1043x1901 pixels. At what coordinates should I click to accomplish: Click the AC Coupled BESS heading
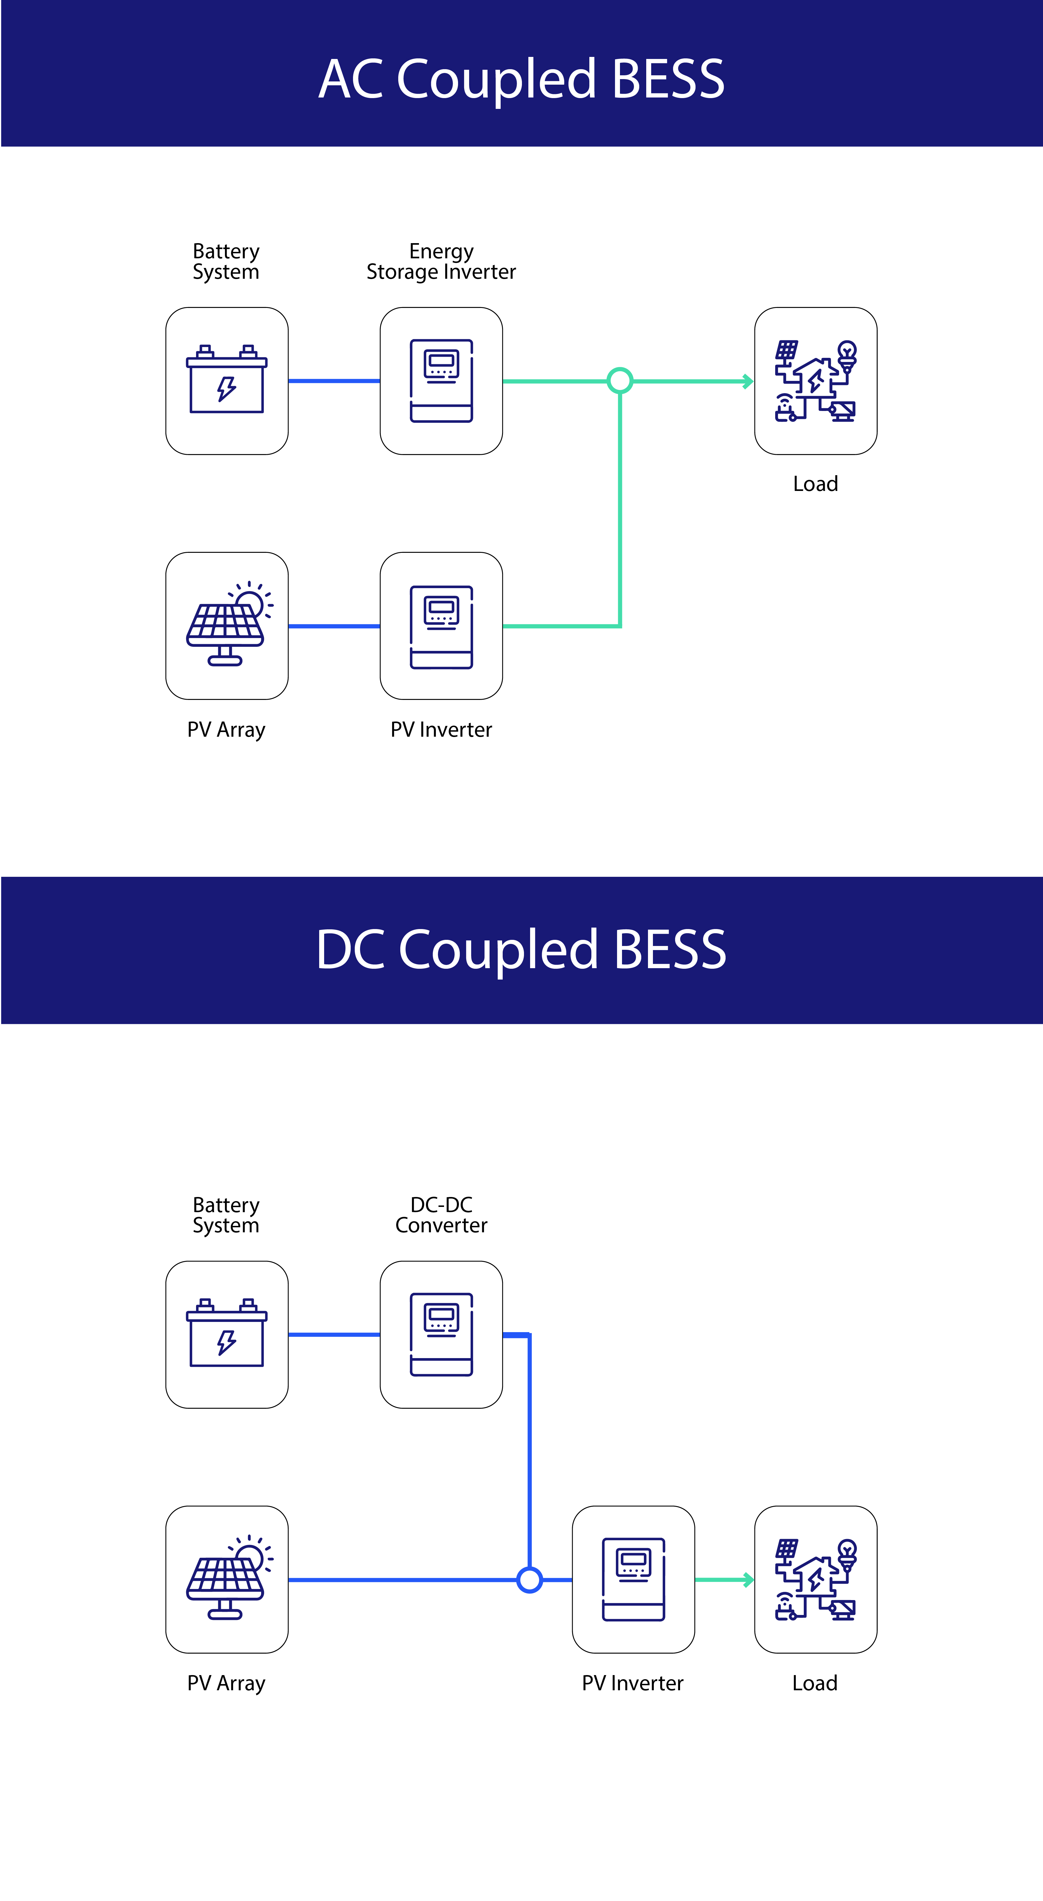(x=522, y=79)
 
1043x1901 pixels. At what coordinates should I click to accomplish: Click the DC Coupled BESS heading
(x=522, y=950)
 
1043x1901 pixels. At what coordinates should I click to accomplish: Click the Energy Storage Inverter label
(x=441, y=262)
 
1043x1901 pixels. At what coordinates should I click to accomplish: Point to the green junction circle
(x=620, y=381)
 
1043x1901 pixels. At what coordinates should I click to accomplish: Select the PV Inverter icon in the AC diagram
(x=441, y=626)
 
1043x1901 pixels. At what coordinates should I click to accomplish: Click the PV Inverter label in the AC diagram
(x=441, y=730)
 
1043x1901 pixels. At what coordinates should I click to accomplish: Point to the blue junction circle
(x=530, y=1580)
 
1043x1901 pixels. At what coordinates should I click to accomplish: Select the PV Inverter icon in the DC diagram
(x=633, y=1579)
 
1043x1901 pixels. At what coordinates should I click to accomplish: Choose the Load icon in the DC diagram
(x=815, y=1579)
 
